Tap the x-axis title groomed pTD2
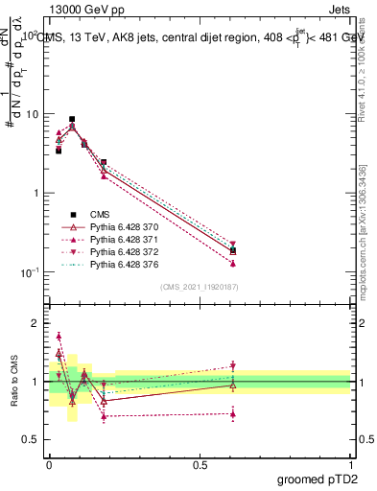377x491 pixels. click(316, 479)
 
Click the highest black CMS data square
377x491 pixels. click(72, 119)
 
